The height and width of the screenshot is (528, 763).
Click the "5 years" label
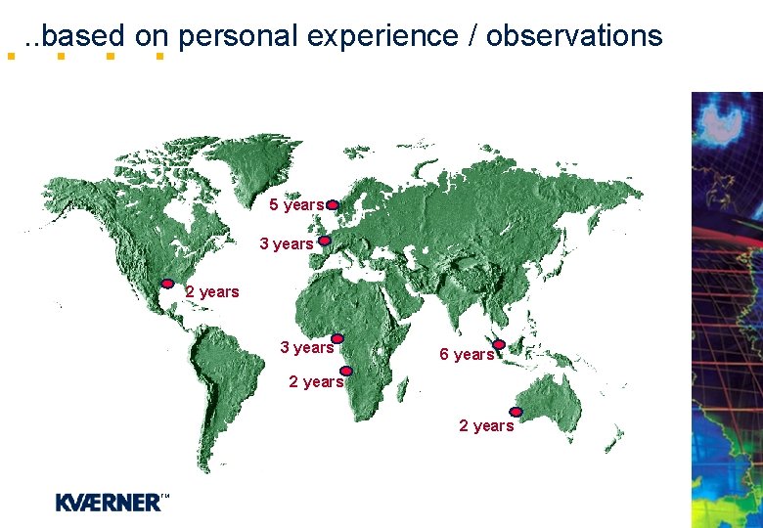coord(296,205)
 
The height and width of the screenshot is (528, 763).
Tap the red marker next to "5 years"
coord(333,205)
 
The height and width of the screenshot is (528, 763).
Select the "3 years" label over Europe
coord(287,243)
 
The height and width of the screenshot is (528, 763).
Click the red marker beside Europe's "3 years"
coord(325,240)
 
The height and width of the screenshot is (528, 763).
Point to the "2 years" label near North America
coord(212,291)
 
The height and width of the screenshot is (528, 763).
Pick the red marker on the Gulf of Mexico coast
coord(167,284)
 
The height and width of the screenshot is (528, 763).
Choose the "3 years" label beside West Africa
coord(306,347)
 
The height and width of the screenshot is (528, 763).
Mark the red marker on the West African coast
coord(337,338)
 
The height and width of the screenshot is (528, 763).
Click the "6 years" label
coord(467,354)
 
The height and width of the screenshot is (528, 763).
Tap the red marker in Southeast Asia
coord(499,345)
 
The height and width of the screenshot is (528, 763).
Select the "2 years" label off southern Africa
coord(316,381)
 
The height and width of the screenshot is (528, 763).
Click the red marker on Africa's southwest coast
coord(346,372)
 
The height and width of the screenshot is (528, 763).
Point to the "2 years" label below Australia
coord(486,425)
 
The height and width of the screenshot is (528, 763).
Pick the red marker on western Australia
coord(516,412)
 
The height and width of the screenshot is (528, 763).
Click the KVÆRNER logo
coord(111,503)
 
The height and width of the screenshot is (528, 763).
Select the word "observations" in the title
coord(574,36)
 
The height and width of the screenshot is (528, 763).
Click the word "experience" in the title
coord(382,36)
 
